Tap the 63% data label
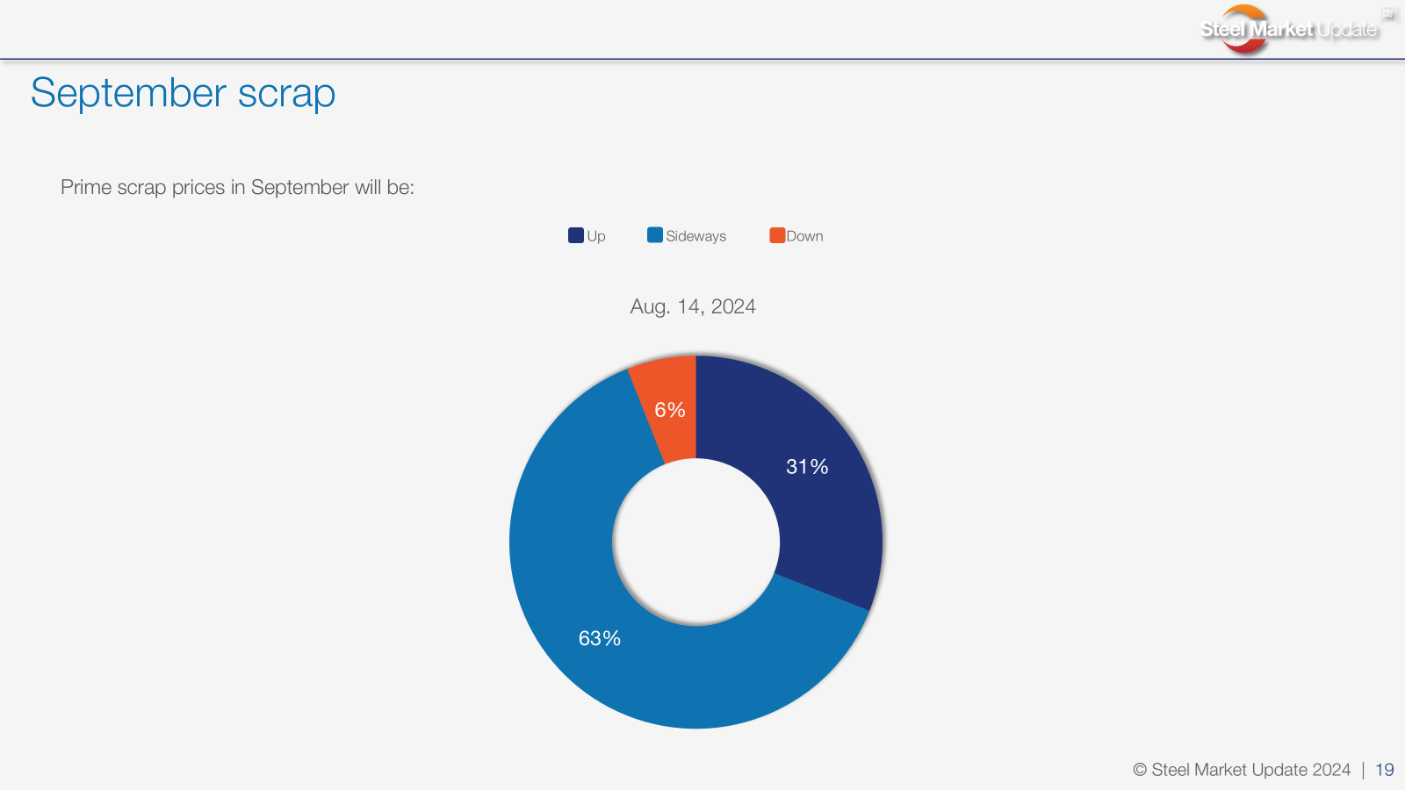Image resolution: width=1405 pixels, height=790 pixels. pos(600,638)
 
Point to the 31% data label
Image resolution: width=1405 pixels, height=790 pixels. pos(807,466)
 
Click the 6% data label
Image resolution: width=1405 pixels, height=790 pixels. pos(670,410)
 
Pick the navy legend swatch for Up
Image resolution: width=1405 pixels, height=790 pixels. pos(576,235)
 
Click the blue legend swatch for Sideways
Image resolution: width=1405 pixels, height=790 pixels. pos(655,235)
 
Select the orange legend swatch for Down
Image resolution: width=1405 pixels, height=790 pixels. pos(777,235)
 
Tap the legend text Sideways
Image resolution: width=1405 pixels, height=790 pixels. pos(695,236)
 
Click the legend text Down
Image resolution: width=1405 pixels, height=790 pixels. pos(804,236)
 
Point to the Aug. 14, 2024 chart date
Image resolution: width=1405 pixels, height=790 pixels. pos(693,306)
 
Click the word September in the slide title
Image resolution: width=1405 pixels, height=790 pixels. pos(128,94)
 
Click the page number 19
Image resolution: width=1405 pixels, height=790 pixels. pos(1384,770)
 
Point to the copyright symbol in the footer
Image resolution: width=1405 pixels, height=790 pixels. pos(1140,770)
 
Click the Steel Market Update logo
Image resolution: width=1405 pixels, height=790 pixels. pos(1289,29)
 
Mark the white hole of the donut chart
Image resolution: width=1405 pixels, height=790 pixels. pos(695,542)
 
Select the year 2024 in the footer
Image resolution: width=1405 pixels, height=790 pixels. pos(1331,770)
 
